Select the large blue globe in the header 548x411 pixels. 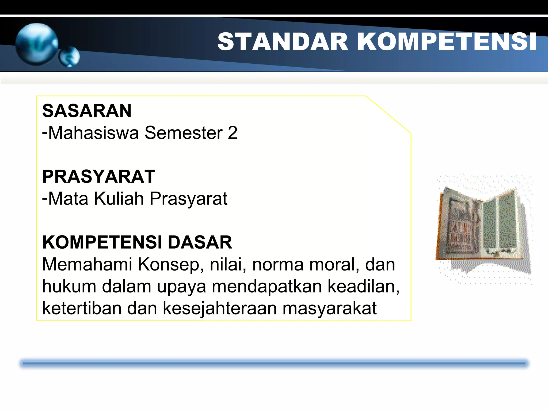tap(37, 44)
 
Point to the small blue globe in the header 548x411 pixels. tap(69, 57)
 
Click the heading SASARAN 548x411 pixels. tap(87, 111)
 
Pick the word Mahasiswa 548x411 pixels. tap(94, 133)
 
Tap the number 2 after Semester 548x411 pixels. tap(233, 133)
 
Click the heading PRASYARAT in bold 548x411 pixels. tap(99, 177)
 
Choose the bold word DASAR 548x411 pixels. tap(200, 242)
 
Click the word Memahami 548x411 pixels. tap(87, 264)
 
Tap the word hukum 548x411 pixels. tap(69, 286)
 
